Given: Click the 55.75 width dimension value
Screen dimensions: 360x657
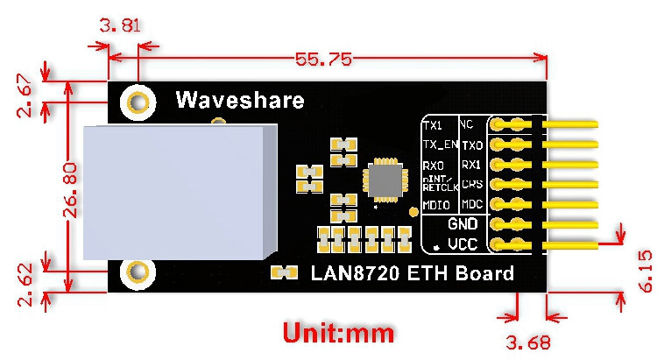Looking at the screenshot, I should (x=323, y=60).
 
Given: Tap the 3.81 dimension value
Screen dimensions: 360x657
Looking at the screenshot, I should (x=120, y=26).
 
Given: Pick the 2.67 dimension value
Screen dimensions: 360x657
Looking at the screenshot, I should (x=27, y=94).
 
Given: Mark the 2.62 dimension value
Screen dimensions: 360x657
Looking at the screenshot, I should (x=27, y=286).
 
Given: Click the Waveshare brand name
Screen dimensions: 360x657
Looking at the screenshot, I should (x=240, y=100).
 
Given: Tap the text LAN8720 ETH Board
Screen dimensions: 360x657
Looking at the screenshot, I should (x=413, y=273).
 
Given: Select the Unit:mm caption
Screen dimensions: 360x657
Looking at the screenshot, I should (x=337, y=332).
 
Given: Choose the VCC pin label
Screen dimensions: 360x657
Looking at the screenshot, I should (x=462, y=244).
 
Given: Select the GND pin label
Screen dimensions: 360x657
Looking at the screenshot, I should (x=462, y=224).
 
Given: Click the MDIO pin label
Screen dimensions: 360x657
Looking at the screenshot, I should (x=436, y=205).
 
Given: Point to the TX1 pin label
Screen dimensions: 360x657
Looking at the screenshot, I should (x=433, y=125).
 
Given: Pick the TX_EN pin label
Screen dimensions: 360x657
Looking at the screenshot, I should (x=439, y=145).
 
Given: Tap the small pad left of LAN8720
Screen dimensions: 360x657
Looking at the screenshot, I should (x=281, y=272).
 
